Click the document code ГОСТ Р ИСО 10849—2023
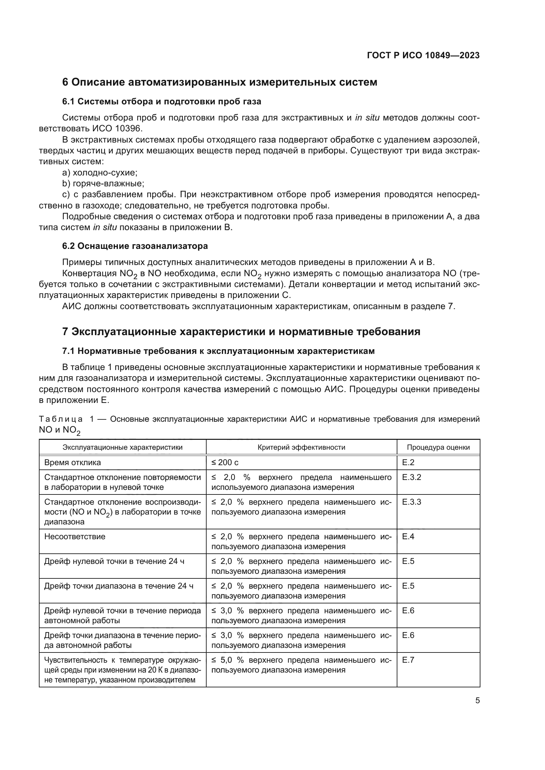(x=423, y=55)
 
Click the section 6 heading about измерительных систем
(x=219, y=82)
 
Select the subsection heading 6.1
(x=161, y=101)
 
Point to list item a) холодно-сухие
(x=100, y=173)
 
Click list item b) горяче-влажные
(x=103, y=184)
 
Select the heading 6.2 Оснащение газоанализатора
(x=135, y=246)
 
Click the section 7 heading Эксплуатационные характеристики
(x=241, y=332)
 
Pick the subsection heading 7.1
(x=218, y=351)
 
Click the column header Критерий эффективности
(x=301, y=447)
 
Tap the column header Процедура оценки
(x=438, y=447)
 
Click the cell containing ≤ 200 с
(x=225, y=463)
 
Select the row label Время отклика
(x=72, y=463)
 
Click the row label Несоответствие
(x=74, y=537)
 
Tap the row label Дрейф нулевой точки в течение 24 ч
(x=114, y=561)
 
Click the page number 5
(x=477, y=701)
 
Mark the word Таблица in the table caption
(x=61, y=419)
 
